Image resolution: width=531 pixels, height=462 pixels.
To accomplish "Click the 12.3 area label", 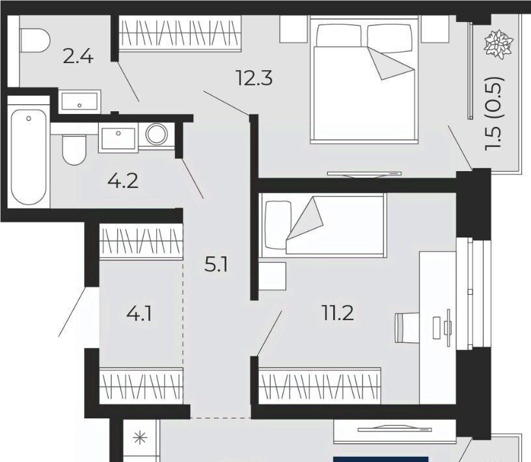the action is click(254, 79).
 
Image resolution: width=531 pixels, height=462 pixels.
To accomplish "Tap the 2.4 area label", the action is click(78, 57).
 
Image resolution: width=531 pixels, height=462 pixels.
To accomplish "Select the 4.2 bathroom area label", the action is click(122, 182).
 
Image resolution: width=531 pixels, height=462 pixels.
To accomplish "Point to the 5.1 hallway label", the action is click(216, 265).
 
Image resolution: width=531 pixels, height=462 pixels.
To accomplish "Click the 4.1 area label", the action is click(139, 314).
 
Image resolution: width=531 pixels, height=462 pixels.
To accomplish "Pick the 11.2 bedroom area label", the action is click(338, 313).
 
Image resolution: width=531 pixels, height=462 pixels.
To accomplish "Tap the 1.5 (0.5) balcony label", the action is click(495, 113).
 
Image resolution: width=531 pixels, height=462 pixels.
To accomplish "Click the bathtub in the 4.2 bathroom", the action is click(29, 157).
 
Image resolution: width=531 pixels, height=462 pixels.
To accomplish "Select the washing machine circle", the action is click(156, 134).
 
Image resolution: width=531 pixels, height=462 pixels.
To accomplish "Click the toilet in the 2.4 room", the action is click(35, 40).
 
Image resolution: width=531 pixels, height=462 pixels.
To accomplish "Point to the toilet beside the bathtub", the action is click(74, 150).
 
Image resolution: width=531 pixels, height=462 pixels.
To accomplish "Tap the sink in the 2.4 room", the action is click(79, 102).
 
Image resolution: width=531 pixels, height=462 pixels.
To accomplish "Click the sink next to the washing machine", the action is click(118, 137).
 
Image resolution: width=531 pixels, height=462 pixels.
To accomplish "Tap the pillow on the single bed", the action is click(278, 225).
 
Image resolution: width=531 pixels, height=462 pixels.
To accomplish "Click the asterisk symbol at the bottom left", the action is click(140, 439).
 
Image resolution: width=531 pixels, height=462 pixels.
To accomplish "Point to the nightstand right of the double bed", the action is click(435, 29).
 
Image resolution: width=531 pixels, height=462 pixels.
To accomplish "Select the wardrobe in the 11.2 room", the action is click(320, 385).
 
